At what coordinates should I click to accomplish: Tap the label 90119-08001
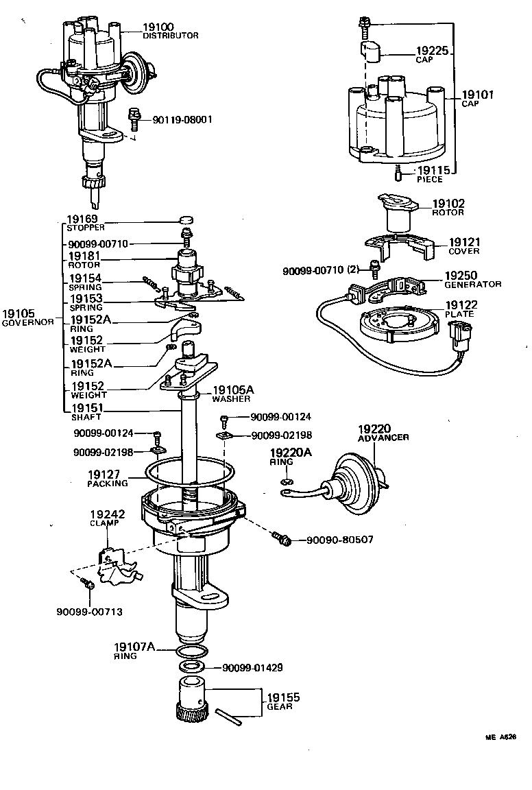click(182, 119)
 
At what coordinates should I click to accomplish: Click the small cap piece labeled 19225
click(371, 50)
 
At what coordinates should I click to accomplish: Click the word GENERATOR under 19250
click(473, 284)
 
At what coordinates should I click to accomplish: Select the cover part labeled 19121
click(398, 248)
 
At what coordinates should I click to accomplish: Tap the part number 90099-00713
click(89, 612)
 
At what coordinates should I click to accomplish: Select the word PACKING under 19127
click(107, 483)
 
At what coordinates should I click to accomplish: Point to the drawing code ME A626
click(500, 738)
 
